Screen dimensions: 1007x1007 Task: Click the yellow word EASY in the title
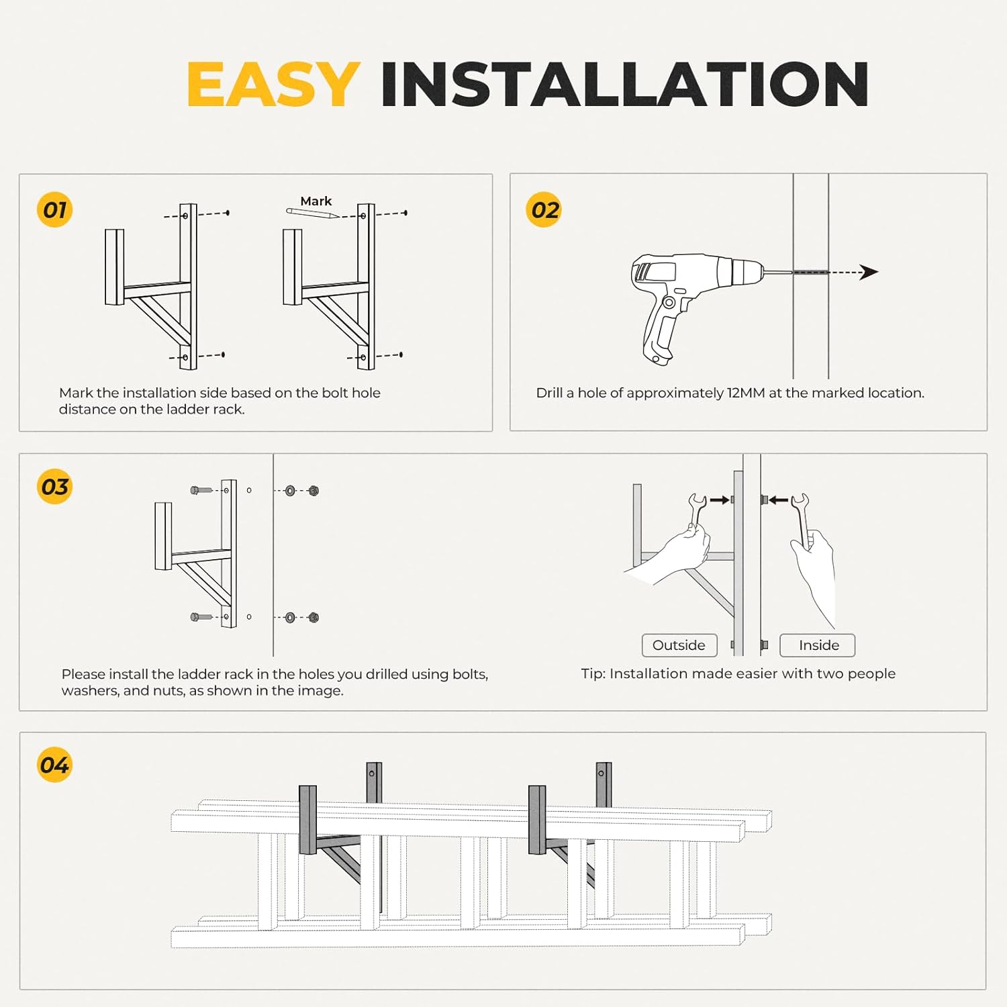(x=273, y=85)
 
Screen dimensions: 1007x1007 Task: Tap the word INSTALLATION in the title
(x=624, y=85)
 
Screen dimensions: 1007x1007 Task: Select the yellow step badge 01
(x=54, y=210)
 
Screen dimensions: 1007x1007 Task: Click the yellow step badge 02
(x=544, y=210)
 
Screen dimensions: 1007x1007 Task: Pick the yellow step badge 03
(x=54, y=487)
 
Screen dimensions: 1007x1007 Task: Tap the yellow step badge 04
(x=54, y=765)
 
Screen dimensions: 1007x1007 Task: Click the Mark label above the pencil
(x=316, y=201)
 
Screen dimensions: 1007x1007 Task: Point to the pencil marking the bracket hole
(x=312, y=213)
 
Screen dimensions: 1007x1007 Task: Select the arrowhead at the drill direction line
(x=869, y=272)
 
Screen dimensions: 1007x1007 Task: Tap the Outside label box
(x=679, y=645)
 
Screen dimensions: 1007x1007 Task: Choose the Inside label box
(x=818, y=645)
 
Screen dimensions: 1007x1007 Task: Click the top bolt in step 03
(x=201, y=491)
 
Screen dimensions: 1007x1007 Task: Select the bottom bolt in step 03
(x=201, y=617)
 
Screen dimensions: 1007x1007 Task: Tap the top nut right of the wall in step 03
(x=314, y=491)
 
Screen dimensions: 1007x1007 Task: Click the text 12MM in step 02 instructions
(x=746, y=393)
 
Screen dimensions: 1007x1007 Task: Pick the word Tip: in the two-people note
(x=593, y=674)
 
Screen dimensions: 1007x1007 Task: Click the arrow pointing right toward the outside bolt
(x=719, y=499)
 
